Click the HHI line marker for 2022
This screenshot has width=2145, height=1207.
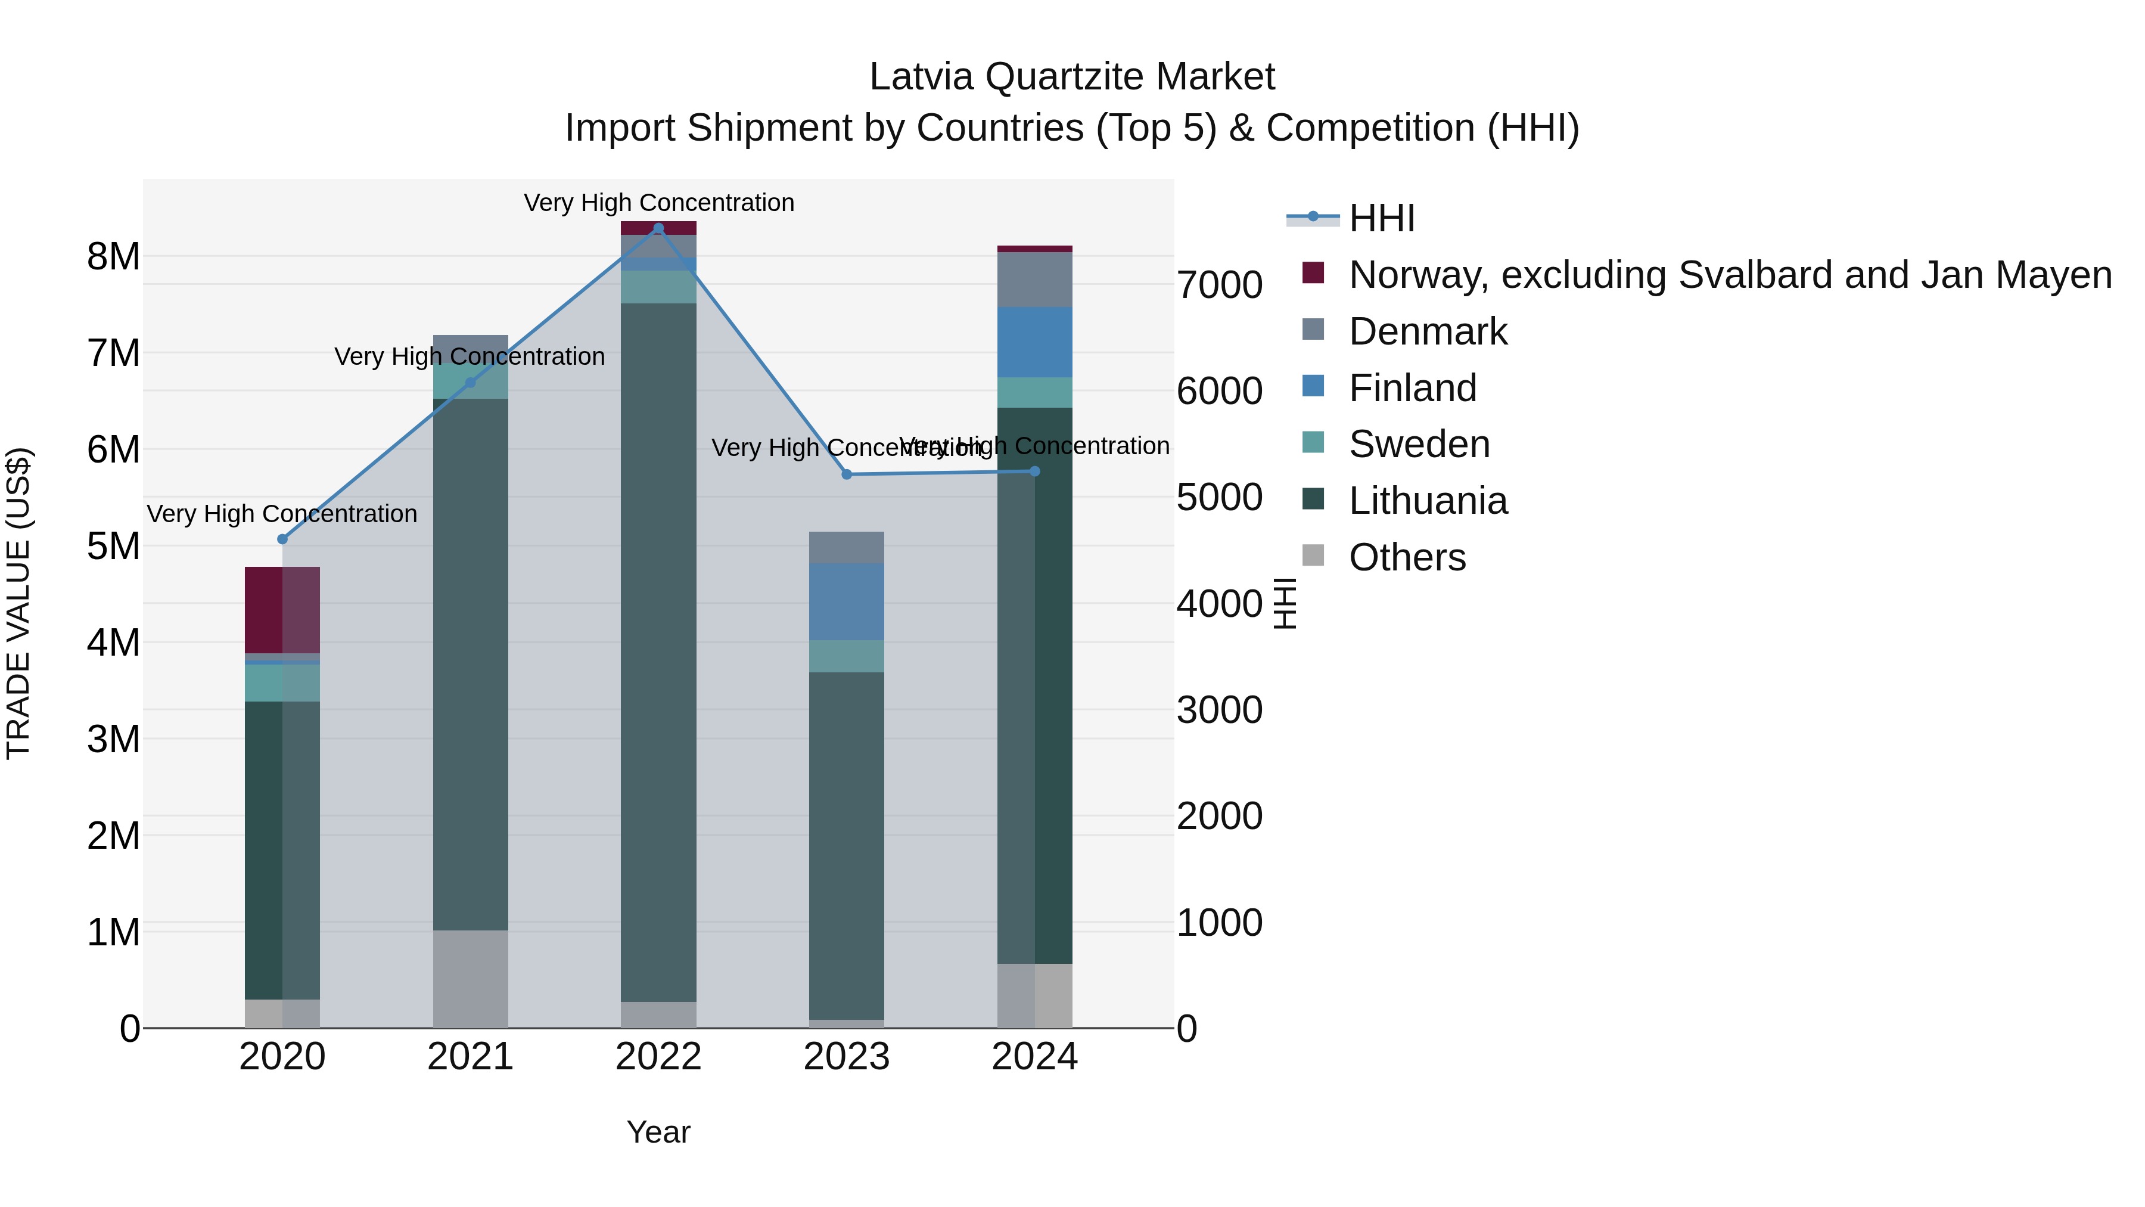(658, 228)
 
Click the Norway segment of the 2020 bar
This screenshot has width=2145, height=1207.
(282, 610)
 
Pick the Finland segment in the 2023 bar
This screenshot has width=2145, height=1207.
(847, 601)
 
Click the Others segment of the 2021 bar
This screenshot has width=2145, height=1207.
(471, 979)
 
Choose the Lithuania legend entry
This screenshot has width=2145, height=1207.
(1427, 501)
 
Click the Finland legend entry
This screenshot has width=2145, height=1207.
(1412, 388)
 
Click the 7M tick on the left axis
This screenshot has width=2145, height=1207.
(113, 353)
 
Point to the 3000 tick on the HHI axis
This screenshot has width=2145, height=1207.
(1219, 710)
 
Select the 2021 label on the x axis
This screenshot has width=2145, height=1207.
(471, 1057)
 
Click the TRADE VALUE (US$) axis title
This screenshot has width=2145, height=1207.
(19, 603)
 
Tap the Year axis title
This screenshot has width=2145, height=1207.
(658, 1132)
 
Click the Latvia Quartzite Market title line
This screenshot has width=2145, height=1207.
(1072, 77)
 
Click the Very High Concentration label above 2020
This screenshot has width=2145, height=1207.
(282, 514)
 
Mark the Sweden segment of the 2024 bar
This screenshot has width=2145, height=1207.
(1035, 392)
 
